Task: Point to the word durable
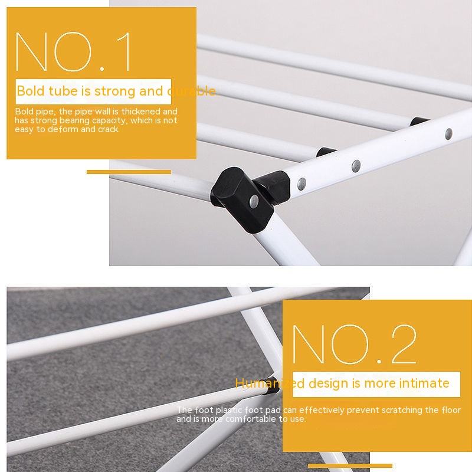192,91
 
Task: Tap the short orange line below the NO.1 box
129,172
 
